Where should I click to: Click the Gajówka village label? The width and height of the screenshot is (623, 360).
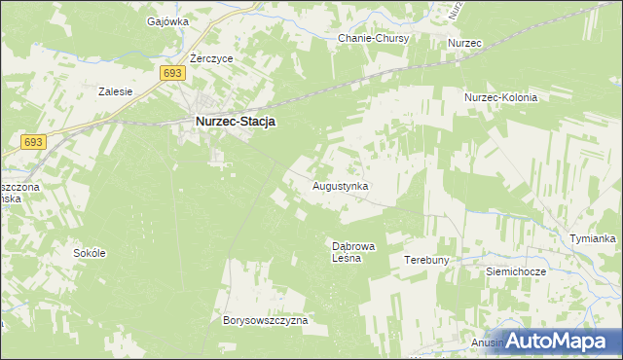point(166,20)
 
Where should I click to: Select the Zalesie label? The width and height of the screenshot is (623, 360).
point(116,91)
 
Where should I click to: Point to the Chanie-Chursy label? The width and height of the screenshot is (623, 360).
point(373,38)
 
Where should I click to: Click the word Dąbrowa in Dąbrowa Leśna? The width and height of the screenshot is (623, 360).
point(348,247)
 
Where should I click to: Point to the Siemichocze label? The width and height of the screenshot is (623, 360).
point(516,272)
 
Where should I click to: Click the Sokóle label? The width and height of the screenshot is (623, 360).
point(90,253)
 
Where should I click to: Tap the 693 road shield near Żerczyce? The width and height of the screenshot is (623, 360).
point(172,74)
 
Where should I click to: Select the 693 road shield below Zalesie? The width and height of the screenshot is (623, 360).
point(32,142)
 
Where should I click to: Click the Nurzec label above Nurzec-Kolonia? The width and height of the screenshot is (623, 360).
point(465,44)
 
